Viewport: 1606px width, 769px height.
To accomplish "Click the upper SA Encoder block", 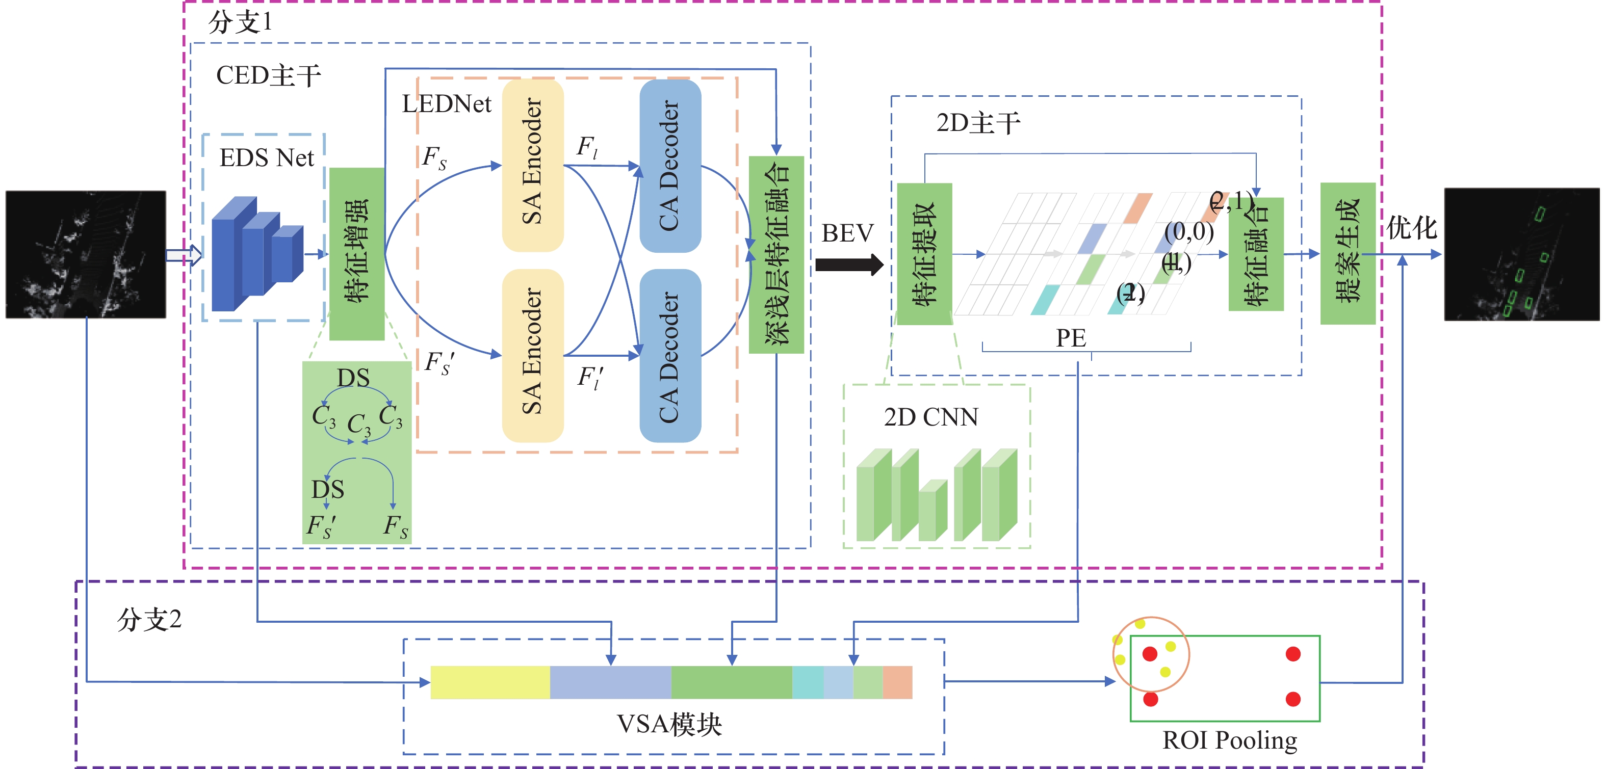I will point(532,165).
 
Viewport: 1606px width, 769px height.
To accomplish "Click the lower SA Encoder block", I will point(532,355).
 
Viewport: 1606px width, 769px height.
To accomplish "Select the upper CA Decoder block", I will point(670,166).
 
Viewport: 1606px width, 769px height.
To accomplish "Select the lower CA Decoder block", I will point(670,356).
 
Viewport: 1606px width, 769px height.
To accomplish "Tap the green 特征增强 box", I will point(356,254).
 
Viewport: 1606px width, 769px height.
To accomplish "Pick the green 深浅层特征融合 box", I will point(776,254).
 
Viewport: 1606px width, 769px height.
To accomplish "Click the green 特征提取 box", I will point(924,254).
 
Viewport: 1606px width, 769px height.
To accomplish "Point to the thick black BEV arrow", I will point(848,265).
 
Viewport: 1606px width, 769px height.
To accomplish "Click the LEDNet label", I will point(447,104).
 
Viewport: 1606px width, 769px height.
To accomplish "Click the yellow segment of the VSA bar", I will point(490,682).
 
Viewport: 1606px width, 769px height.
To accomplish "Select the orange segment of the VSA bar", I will point(898,682).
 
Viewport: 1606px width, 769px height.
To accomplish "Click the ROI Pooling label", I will point(1229,740).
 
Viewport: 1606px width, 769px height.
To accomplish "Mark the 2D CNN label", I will point(931,417).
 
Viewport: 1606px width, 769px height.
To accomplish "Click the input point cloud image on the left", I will point(86,254).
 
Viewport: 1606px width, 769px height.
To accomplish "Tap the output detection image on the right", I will point(1522,254).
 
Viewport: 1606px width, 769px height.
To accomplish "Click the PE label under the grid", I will point(1071,338).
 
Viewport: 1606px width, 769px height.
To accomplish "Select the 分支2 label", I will point(149,620).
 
